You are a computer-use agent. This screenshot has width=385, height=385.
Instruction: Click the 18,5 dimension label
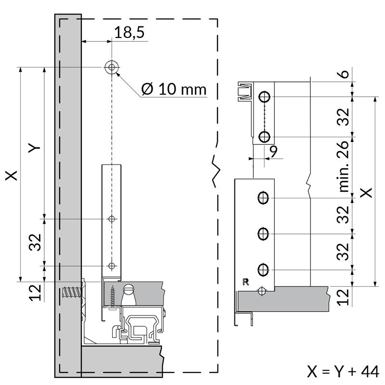pyautogui.click(x=129, y=32)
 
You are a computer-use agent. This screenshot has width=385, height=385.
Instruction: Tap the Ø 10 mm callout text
pyautogui.click(x=174, y=89)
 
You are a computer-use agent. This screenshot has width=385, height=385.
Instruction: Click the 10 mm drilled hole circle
pyautogui.click(x=112, y=67)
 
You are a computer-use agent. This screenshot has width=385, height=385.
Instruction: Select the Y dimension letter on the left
pyautogui.click(x=34, y=148)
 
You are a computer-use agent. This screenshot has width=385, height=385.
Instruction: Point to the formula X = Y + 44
pyautogui.click(x=343, y=372)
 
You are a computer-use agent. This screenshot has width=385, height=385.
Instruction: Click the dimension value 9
pyautogui.click(x=273, y=152)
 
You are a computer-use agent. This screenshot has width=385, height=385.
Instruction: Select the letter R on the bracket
pyautogui.click(x=245, y=282)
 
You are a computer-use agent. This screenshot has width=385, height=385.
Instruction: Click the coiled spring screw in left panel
pyautogui.click(x=72, y=292)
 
